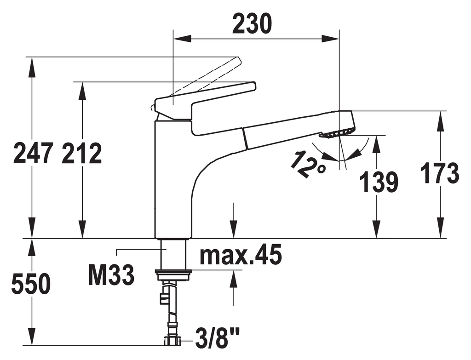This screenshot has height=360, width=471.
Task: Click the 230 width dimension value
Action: tap(252, 23)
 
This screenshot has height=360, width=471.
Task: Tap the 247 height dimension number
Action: tap(33, 153)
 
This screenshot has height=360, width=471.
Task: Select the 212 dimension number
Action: tap(82, 153)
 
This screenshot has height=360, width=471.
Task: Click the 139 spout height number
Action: tap(379, 182)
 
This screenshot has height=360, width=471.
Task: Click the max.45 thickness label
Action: tap(241, 254)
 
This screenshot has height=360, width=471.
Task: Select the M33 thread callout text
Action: tap(111, 275)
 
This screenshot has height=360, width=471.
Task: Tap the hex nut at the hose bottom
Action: tap(172, 341)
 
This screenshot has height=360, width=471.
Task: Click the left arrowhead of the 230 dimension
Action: tap(182, 39)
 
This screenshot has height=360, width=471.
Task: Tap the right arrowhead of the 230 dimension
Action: tap(330, 39)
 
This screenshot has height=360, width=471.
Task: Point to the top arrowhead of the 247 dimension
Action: tap(31, 66)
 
